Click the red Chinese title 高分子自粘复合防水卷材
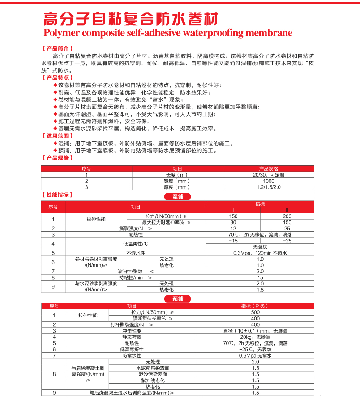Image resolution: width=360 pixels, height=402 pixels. click(130, 18)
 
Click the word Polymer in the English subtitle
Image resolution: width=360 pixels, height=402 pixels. click(61, 33)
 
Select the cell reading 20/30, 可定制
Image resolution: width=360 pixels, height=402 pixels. click(269, 175)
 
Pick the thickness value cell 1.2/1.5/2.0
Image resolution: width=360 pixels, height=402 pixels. click(269, 187)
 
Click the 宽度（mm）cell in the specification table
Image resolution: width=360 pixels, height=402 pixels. click(177, 181)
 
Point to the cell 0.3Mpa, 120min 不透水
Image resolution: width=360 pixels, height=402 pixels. click(260, 253)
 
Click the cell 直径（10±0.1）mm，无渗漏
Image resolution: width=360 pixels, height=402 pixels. click(255, 331)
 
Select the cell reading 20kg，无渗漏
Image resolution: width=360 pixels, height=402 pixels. click(255, 337)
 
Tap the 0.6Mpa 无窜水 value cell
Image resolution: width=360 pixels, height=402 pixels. click(255, 355)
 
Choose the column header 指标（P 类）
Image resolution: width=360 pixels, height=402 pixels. click(255, 306)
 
